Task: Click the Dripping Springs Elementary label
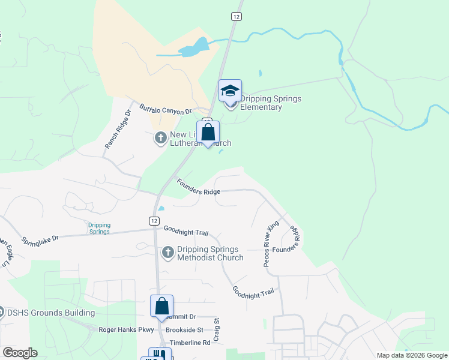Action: (x=270, y=103)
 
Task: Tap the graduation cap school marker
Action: (x=230, y=91)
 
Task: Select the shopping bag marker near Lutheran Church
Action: (x=208, y=133)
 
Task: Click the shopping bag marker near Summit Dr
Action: (x=161, y=306)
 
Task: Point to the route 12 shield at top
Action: (x=236, y=17)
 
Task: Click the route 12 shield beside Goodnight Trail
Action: (x=155, y=221)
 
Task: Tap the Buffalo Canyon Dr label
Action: (x=165, y=110)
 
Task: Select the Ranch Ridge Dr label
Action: (x=118, y=129)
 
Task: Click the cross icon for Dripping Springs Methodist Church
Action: (x=167, y=253)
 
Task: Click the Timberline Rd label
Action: (x=190, y=343)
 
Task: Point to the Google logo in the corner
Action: (x=20, y=353)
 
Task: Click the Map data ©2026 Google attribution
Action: (x=412, y=355)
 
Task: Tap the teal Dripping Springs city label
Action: (x=100, y=228)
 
